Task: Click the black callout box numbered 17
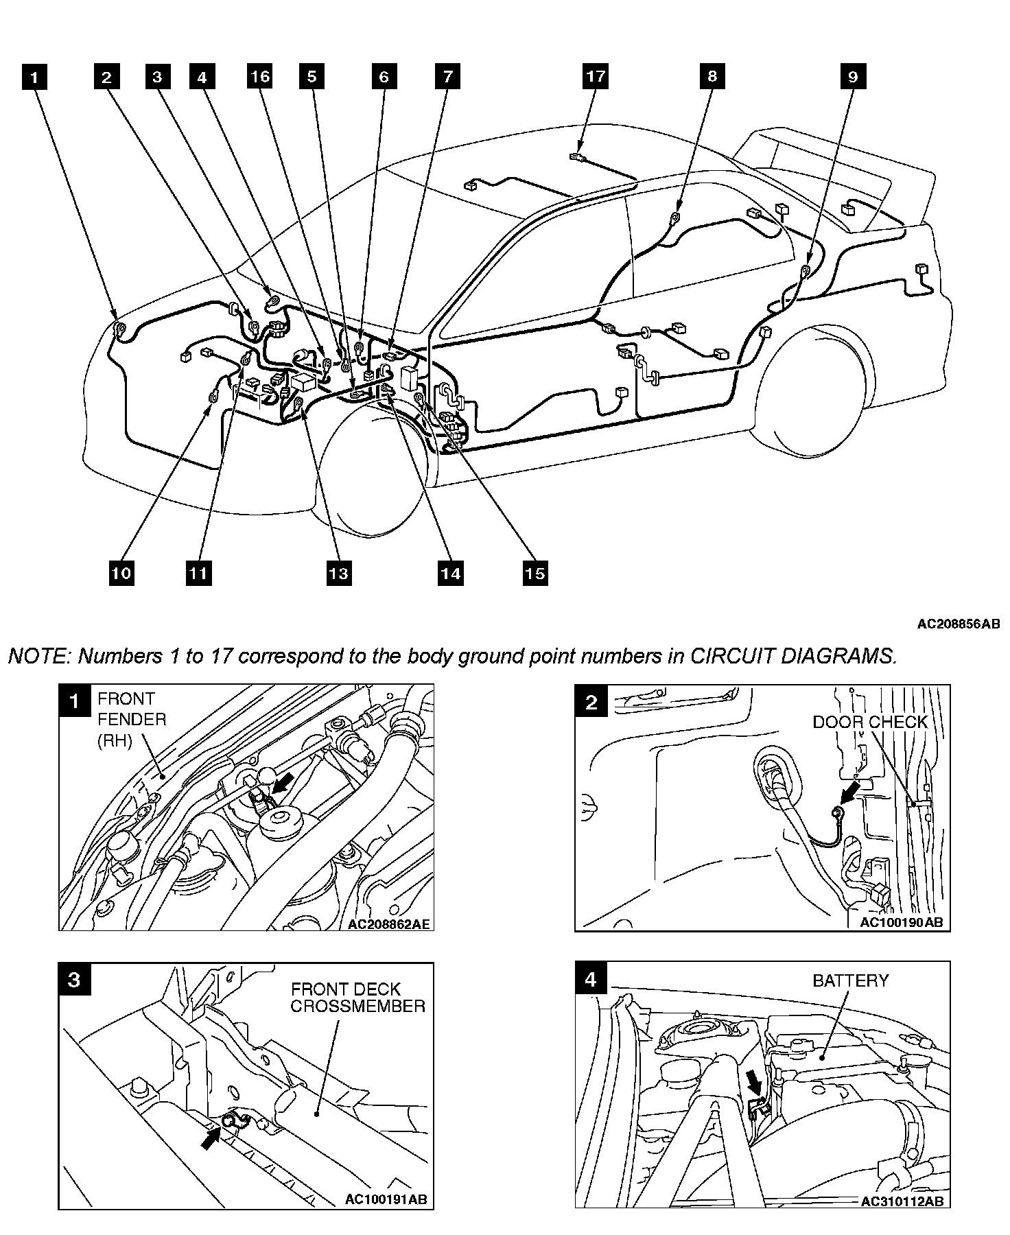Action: pyautogui.click(x=596, y=75)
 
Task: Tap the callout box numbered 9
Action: pyautogui.click(x=853, y=76)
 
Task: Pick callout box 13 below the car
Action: pyautogui.click(x=338, y=572)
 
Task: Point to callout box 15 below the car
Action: pyautogui.click(x=535, y=572)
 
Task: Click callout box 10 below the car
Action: pyautogui.click(x=121, y=572)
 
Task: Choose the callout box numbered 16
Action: pyautogui.click(x=260, y=75)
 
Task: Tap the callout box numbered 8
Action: pyautogui.click(x=712, y=75)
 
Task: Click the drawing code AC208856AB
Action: pyautogui.click(x=958, y=624)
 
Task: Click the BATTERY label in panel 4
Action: pyautogui.click(x=850, y=980)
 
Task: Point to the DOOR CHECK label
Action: pyautogui.click(x=870, y=722)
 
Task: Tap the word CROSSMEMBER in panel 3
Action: pyautogui.click(x=357, y=1006)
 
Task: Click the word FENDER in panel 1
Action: pyautogui.click(x=132, y=719)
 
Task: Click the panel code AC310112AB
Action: pyautogui.click(x=902, y=1201)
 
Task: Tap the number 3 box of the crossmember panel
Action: pyautogui.click(x=74, y=979)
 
